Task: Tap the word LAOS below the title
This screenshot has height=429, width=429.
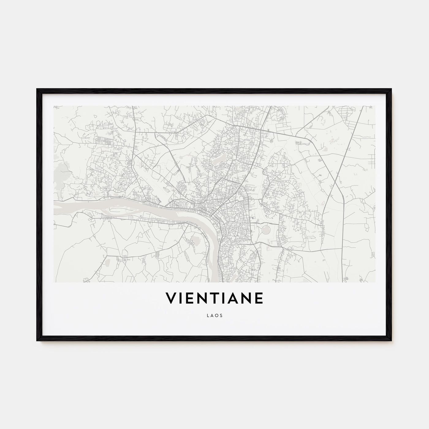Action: point(214,314)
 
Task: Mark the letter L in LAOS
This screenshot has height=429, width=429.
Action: point(208,314)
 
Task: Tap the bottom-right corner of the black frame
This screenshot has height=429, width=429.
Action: point(391,340)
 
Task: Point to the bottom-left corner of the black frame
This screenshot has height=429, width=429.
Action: point(38,340)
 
